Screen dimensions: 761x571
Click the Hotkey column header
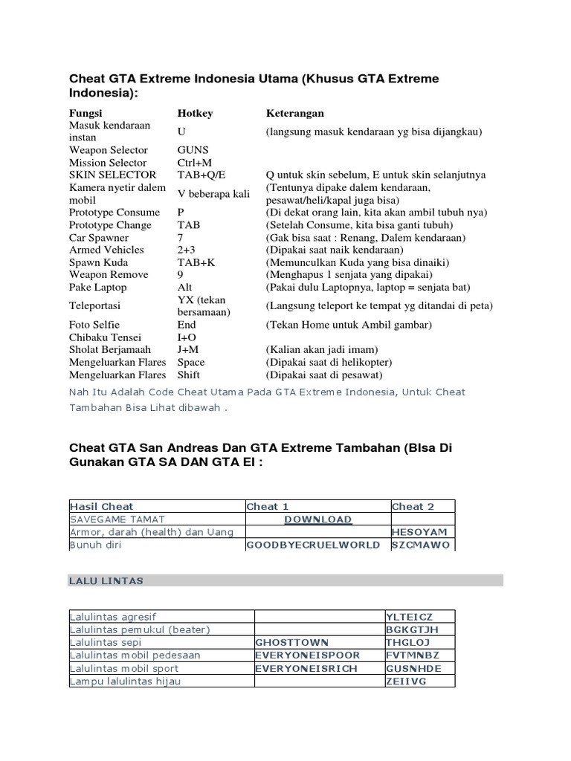(x=195, y=114)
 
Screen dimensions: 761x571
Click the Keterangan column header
(x=294, y=114)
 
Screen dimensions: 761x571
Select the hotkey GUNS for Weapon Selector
(x=193, y=150)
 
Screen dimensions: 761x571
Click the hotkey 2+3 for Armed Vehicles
(x=187, y=250)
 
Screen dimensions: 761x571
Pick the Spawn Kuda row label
(x=98, y=262)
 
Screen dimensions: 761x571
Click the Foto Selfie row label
(x=94, y=326)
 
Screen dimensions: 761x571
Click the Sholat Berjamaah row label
(x=110, y=350)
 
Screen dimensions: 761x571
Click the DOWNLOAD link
(x=318, y=519)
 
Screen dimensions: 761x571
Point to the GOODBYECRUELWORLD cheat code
(x=313, y=545)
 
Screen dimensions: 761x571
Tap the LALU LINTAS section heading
(x=106, y=580)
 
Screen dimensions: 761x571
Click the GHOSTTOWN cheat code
(x=291, y=641)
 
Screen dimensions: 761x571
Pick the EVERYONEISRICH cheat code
(x=306, y=668)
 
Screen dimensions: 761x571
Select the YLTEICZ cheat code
(x=409, y=617)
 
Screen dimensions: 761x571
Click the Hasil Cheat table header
(x=101, y=507)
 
